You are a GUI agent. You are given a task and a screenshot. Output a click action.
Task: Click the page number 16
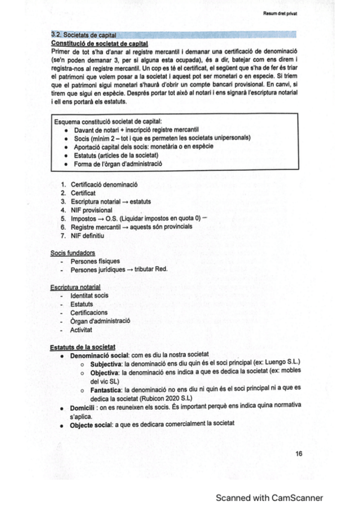pos(299,454)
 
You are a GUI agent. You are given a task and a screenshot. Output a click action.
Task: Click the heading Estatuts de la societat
pos(83,347)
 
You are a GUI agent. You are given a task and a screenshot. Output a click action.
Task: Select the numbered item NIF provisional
pos(91,210)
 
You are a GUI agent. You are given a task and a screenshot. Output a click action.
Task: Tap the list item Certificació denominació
pos(104,183)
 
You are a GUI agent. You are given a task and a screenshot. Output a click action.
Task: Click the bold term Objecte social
pos(93,424)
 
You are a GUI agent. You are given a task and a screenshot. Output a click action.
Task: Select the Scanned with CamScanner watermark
pos(269,497)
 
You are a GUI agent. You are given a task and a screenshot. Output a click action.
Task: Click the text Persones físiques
pos(95,261)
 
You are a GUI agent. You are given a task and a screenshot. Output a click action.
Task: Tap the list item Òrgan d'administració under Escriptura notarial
pos(100,321)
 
